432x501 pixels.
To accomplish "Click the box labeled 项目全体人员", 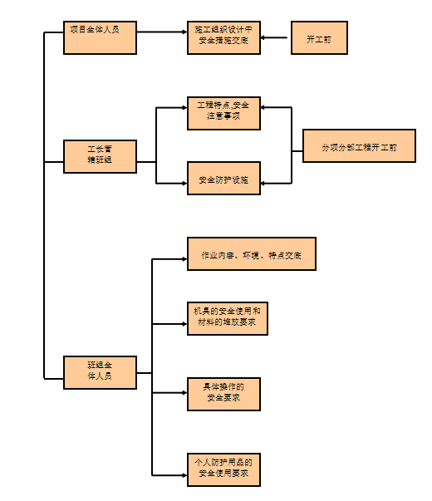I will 100,38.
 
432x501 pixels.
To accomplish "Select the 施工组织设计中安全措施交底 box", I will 223,38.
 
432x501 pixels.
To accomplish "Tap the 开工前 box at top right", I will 319,39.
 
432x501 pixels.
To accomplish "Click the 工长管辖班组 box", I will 100,156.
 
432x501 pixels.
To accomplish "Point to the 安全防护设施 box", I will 223,178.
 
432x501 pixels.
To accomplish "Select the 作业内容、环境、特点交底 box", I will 251,253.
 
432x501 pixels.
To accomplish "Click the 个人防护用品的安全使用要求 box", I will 223,469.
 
